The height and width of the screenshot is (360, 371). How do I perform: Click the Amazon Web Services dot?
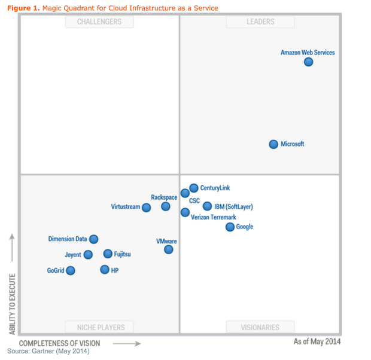(308, 62)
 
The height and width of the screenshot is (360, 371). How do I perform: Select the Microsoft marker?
(273, 144)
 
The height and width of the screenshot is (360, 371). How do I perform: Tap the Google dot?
(230, 227)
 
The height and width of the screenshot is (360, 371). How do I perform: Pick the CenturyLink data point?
(194, 188)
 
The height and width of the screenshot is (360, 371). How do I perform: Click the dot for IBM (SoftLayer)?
(207, 206)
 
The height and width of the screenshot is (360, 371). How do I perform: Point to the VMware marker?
(169, 249)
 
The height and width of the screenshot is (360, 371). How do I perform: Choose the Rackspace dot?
(166, 206)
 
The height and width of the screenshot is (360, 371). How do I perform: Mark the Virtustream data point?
(146, 208)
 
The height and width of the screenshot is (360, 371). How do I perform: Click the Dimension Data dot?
(94, 239)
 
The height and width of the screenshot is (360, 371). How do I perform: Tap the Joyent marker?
(88, 255)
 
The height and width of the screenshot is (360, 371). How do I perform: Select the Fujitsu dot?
(108, 254)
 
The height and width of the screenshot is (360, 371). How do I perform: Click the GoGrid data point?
(71, 271)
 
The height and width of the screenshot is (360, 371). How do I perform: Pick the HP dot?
(105, 270)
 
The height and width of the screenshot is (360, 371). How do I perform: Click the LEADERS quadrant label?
(260, 22)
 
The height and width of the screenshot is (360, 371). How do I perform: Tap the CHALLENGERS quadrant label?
(99, 22)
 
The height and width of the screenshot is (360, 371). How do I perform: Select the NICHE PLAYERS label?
(101, 327)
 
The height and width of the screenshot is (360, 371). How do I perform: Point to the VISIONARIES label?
(260, 327)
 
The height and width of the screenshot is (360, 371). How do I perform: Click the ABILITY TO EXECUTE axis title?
(12, 304)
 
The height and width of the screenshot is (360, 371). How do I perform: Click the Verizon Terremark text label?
(214, 217)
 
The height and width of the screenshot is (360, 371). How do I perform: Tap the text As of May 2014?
(317, 341)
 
